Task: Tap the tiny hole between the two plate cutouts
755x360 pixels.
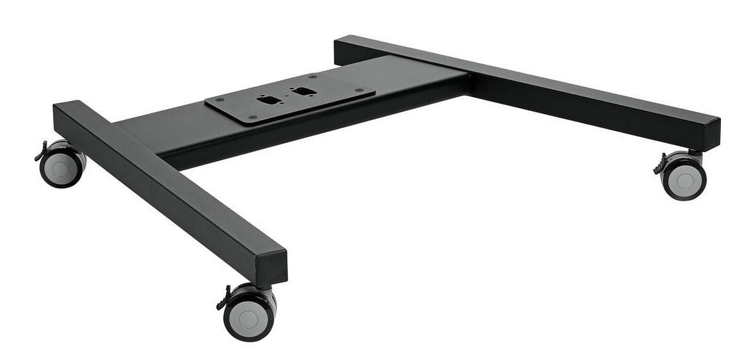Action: click(285, 96)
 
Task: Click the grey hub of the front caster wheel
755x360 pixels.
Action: click(248, 320)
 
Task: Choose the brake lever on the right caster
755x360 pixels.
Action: click(659, 165)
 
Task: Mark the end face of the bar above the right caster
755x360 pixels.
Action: click(711, 134)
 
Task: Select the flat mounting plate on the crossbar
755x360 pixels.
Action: click(290, 98)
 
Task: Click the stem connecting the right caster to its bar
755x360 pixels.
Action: click(695, 155)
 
